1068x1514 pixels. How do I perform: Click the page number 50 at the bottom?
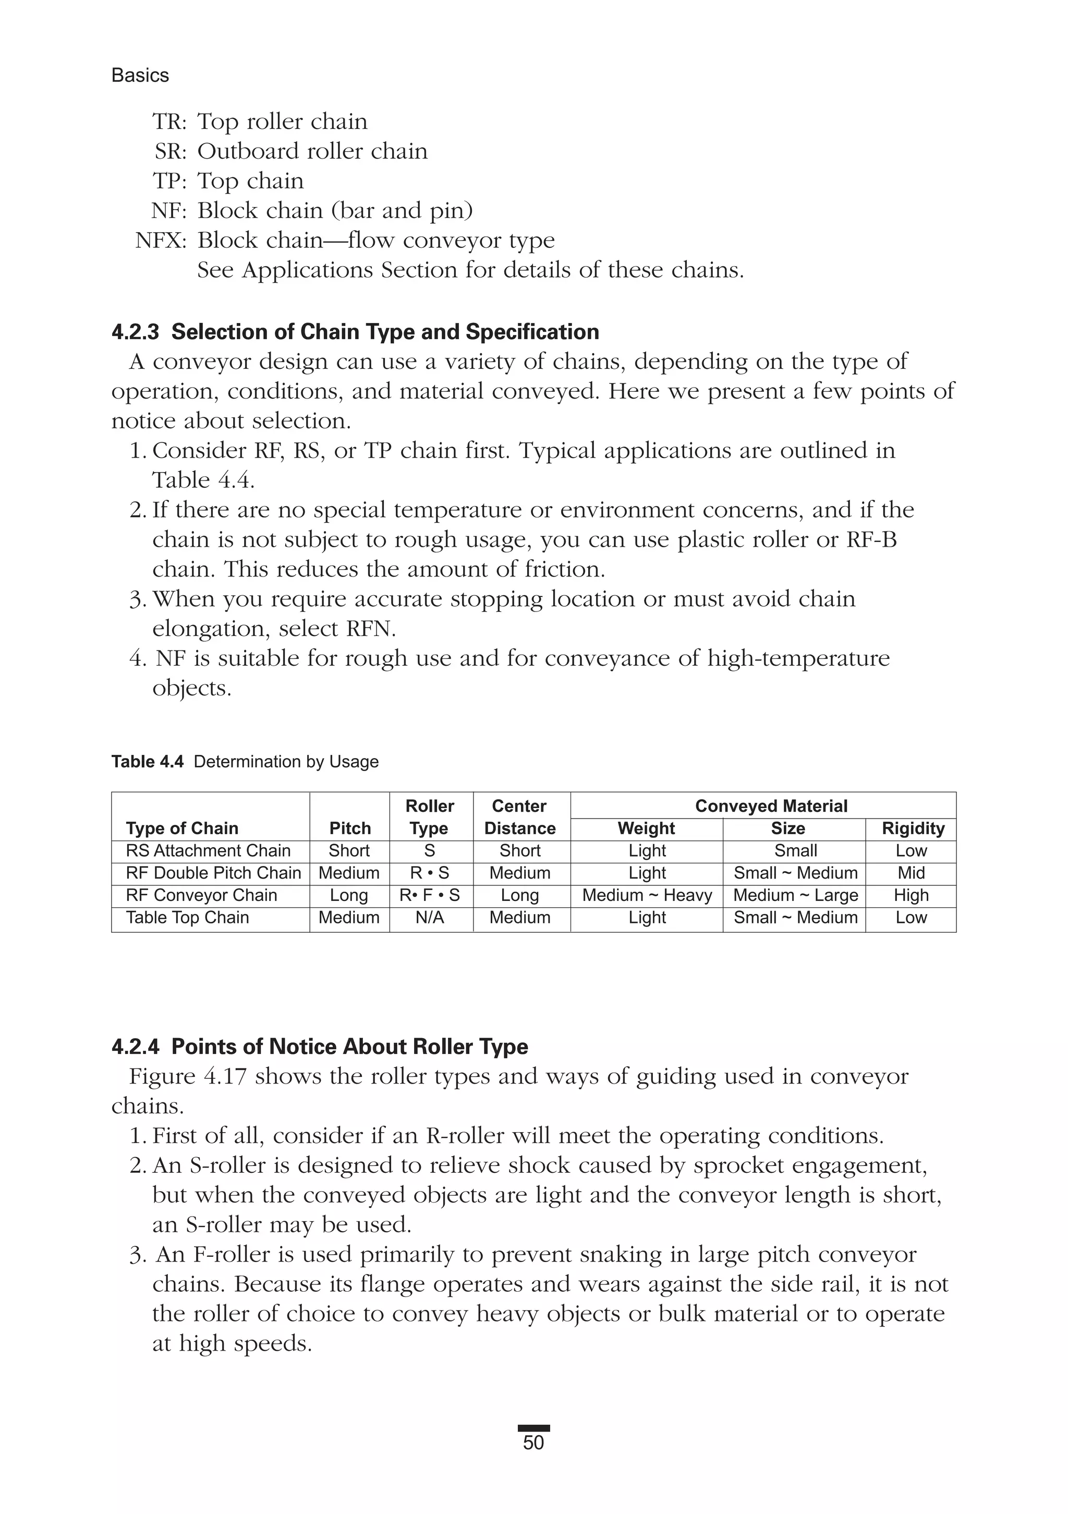tap(533, 1443)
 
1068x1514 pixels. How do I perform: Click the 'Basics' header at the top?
tap(140, 76)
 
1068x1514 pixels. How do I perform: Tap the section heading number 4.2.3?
tap(135, 332)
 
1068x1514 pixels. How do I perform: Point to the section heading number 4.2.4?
tap(135, 1047)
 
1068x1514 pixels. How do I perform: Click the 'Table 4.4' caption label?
tap(147, 762)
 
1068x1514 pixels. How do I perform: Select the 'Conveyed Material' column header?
tap(771, 806)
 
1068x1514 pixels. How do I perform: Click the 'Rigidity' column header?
tap(913, 828)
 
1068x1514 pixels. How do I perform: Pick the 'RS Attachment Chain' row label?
tap(208, 850)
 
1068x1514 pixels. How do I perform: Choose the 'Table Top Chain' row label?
tap(187, 917)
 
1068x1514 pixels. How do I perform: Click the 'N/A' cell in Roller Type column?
tap(430, 917)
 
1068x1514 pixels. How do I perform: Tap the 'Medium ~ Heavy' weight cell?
tap(647, 895)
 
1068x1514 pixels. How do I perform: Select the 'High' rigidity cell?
tap(911, 895)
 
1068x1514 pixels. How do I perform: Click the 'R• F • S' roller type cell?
tap(430, 895)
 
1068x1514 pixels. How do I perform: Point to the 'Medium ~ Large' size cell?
tap(795, 895)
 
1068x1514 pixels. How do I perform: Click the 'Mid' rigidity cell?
tap(911, 872)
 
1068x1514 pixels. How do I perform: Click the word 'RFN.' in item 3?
tap(370, 629)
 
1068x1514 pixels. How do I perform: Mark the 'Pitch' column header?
tap(350, 828)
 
